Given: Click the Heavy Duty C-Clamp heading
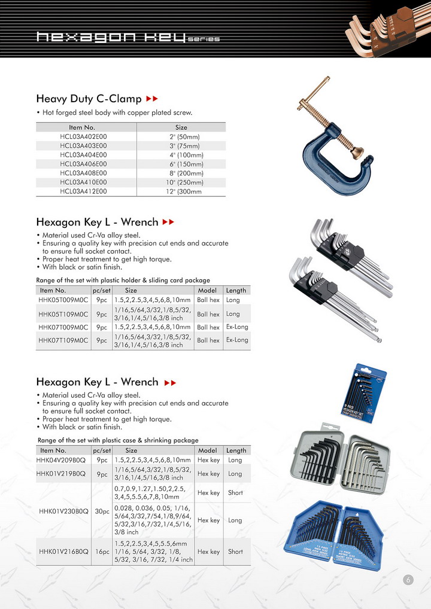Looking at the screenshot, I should (x=89, y=98).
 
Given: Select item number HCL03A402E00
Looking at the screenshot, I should (x=83, y=136).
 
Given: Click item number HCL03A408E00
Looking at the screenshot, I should (x=83, y=173).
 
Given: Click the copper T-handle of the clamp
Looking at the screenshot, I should (x=308, y=101).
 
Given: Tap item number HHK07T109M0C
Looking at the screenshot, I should (x=63, y=340).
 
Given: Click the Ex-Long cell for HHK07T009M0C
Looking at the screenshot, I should (x=236, y=327).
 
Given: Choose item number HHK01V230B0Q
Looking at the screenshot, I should (x=63, y=511).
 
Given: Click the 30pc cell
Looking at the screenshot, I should (x=102, y=511).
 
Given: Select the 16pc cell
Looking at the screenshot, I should (x=102, y=552).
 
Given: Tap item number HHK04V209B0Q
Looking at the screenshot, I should (x=63, y=460).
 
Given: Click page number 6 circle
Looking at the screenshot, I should (x=408, y=580).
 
